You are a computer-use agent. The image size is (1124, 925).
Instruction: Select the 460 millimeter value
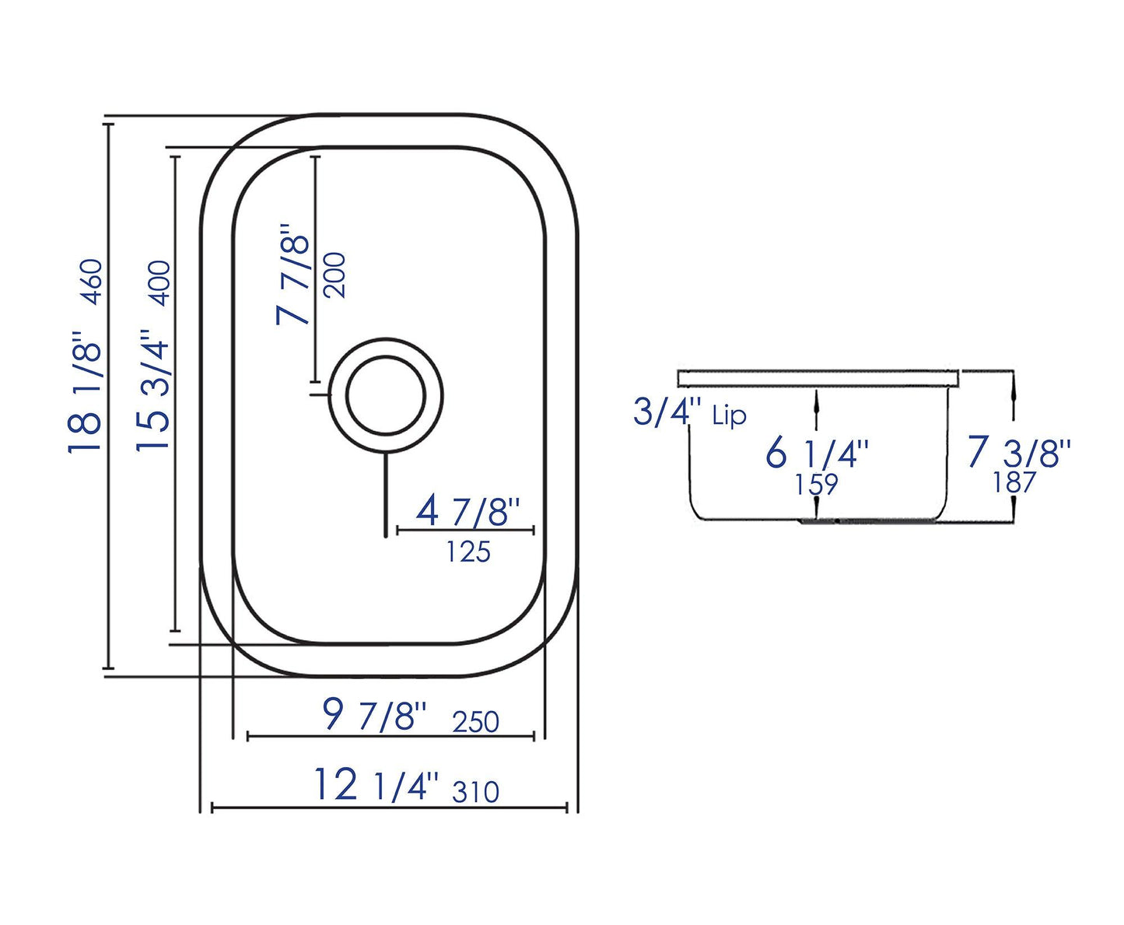point(90,282)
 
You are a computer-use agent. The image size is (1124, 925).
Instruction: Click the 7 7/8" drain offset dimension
point(294,275)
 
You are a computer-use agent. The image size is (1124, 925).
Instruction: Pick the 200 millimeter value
point(335,275)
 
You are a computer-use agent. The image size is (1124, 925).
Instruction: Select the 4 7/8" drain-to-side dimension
point(467,512)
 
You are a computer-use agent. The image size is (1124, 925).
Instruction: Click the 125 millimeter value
point(468,552)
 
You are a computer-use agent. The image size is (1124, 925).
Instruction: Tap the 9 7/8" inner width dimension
point(374,714)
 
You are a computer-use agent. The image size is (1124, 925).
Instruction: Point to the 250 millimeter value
point(475,722)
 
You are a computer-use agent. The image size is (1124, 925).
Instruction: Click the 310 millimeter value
point(475,792)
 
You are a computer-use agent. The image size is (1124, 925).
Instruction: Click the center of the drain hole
point(386,396)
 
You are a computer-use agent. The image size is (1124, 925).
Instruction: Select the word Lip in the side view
point(729,416)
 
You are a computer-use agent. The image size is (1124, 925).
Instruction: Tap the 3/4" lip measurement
point(667,412)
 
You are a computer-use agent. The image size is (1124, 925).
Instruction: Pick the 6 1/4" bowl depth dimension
point(816,453)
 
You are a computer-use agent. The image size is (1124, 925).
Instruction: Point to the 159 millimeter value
point(816,485)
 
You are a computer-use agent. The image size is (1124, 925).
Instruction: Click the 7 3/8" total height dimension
point(1019,452)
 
